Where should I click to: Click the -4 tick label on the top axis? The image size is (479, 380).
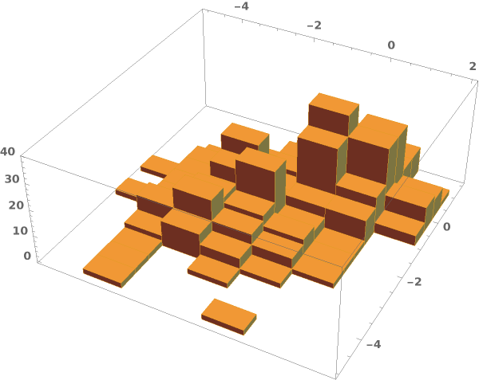[241, 6]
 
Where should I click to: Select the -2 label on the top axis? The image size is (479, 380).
[314, 25]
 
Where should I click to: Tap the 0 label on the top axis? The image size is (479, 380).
[391, 45]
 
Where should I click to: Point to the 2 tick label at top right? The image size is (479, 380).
[473, 66]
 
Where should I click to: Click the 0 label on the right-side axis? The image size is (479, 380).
[446, 226]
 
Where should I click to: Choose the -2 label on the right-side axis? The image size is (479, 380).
[414, 281]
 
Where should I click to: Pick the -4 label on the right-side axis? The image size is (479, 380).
[374, 344]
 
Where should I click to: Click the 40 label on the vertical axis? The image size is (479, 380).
[7, 151]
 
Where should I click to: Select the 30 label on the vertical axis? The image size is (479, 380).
[12, 179]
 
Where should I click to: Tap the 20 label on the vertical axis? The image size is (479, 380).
[16, 205]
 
